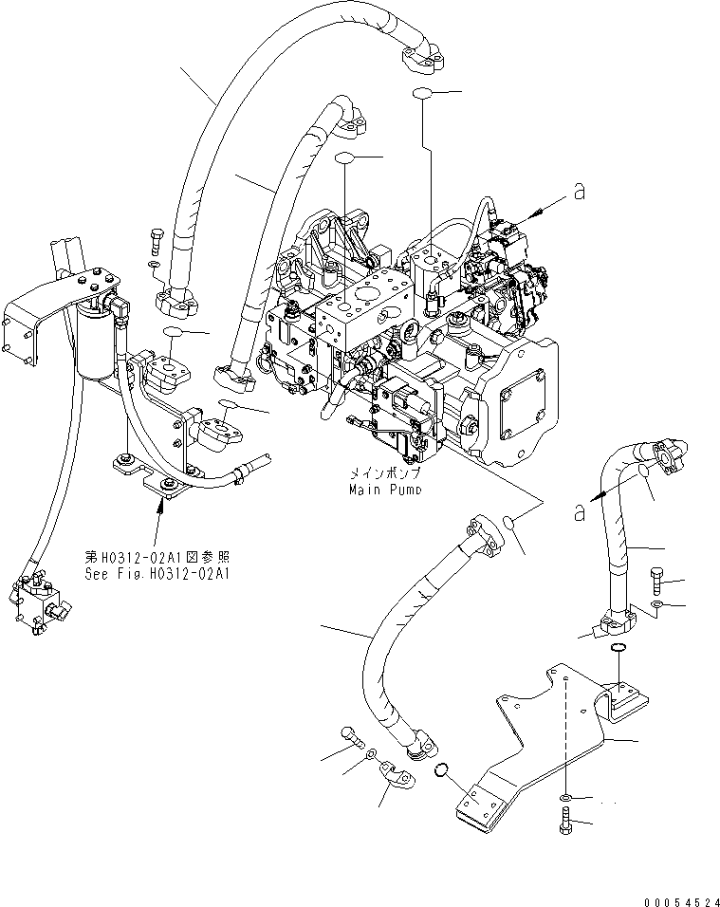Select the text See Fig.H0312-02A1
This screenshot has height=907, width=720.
pyautogui.click(x=158, y=573)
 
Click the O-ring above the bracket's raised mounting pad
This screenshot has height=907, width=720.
pyautogui.click(x=618, y=648)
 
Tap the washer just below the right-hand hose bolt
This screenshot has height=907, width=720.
pyautogui.click(x=657, y=604)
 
